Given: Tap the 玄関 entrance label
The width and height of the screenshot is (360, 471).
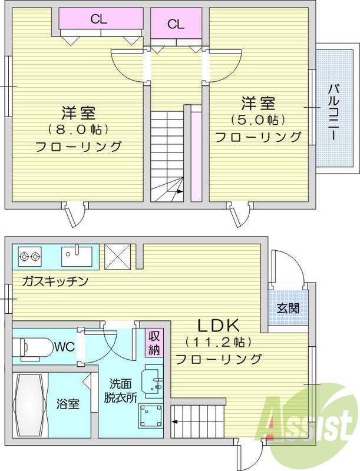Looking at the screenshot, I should (x=288, y=307).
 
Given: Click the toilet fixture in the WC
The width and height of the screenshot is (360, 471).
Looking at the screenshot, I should (x=33, y=347).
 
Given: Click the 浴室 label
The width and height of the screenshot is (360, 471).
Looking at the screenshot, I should (x=69, y=404).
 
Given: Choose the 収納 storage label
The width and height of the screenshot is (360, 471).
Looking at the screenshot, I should (x=154, y=343).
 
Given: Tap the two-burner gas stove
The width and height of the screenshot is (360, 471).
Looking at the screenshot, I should (x=29, y=256).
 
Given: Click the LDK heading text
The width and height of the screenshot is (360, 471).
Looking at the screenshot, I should (x=217, y=324).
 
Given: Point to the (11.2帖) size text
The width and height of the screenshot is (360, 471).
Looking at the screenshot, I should (x=217, y=341).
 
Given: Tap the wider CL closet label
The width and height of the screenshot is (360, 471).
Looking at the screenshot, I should (x=98, y=19).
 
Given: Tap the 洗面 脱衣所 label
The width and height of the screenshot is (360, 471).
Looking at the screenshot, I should (x=121, y=390).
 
